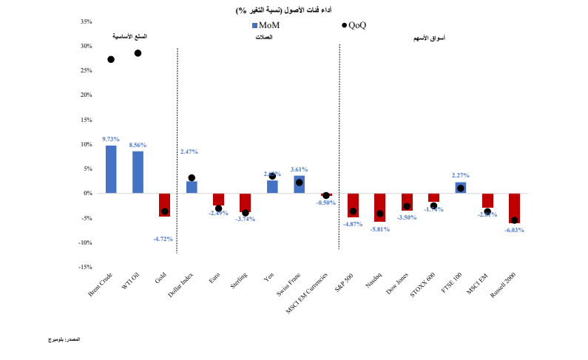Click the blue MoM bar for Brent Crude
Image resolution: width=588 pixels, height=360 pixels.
(x=111, y=169)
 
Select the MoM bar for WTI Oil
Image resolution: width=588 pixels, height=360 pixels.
(x=138, y=172)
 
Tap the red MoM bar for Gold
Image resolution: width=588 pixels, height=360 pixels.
(x=164, y=205)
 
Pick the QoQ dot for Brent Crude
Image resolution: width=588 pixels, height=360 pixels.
(x=111, y=59)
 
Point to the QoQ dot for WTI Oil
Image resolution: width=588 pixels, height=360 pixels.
(x=138, y=53)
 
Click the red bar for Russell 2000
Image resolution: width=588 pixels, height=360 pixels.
(x=514, y=208)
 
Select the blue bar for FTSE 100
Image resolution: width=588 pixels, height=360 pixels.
(x=460, y=188)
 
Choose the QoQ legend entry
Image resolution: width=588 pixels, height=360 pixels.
(x=354, y=25)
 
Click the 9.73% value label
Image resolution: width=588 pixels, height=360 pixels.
(x=111, y=139)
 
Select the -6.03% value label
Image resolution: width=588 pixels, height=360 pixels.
(x=514, y=230)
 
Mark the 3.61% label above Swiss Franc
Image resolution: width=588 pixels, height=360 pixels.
(x=300, y=169)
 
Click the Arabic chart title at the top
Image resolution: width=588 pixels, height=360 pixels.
(x=294, y=9)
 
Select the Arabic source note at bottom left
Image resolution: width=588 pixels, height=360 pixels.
(x=61, y=339)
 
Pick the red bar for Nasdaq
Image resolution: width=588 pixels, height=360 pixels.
(x=379, y=207)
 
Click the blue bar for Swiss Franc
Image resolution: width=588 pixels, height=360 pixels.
(x=299, y=185)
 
